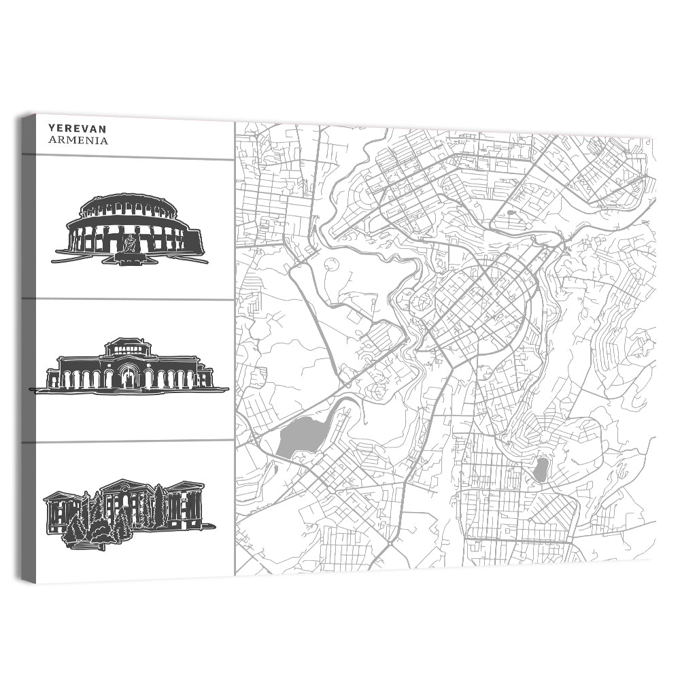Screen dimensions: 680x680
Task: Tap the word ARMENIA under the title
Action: coord(78,141)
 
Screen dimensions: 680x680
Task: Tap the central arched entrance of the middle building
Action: coord(128,377)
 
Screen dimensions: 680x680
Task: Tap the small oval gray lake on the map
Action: coord(541,470)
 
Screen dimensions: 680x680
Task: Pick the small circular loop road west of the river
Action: coord(331,266)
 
